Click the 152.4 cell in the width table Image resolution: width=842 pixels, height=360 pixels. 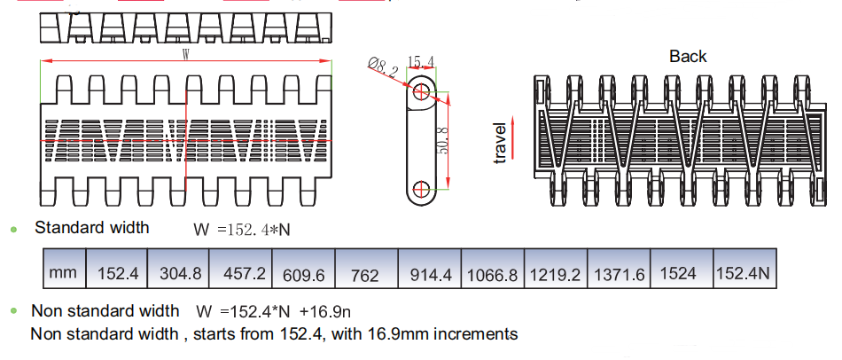(116, 269)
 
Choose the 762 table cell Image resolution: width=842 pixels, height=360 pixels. (366, 269)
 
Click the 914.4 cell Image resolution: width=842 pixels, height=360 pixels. (430, 269)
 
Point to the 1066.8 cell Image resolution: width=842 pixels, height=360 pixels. (493, 269)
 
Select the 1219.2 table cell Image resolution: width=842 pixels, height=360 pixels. (556, 269)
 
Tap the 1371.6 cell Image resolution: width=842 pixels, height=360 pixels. (619, 269)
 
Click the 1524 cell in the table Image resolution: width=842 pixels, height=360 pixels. (682, 269)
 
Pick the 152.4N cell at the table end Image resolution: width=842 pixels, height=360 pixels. (745, 269)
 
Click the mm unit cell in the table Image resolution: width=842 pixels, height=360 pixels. (65, 269)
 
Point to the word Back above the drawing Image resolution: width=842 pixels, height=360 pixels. (688, 57)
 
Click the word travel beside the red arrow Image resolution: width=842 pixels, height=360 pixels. (499, 143)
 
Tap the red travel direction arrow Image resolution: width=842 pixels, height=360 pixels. (513, 138)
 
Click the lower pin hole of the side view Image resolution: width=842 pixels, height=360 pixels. (422, 189)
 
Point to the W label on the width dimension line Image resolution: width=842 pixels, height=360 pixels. (186, 54)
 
